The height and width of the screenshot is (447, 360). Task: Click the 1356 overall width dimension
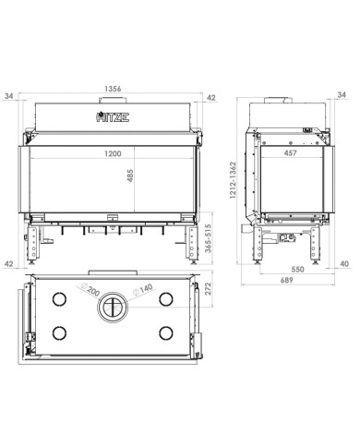tap(113, 89)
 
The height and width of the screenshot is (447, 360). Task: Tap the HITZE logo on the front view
tap(113, 117)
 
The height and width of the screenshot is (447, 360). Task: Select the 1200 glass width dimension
tap(113, 153)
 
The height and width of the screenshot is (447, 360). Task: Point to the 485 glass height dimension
tap(130, 175)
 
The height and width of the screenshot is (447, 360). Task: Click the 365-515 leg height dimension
tap(209, 238)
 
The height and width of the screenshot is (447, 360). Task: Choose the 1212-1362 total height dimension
tap(233, 180)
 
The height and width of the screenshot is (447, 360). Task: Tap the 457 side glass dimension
tap(290, 152)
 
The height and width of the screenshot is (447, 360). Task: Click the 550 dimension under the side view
tap(297, 270)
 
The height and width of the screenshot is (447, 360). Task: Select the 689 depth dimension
tap(286, 280)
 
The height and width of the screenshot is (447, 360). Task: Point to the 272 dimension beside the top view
tap(209, 289)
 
